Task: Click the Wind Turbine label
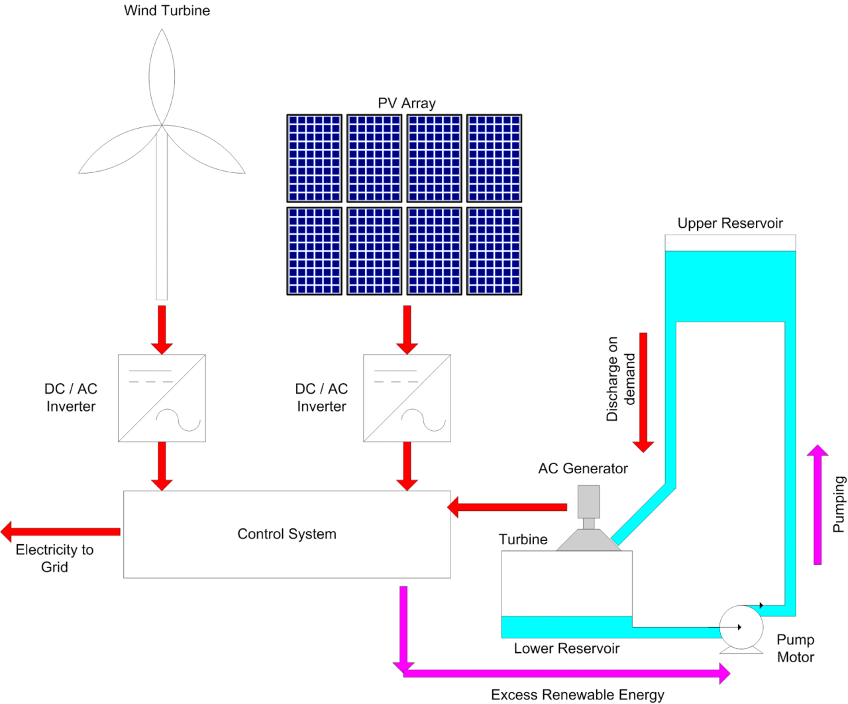point(167,11)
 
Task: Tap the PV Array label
point(406,103)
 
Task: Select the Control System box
point(287,534)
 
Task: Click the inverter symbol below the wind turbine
point(162,398)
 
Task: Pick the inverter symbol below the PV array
point(407,398)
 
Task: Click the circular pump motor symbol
point(741,627)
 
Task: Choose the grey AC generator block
point(588,502)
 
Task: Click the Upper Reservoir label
point(730,223)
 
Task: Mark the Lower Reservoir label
point(566,649)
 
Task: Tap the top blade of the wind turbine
point(162,76)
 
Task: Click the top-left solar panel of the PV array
point(314,158)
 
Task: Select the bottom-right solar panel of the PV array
point(494,251)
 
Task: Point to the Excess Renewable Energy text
point(577,695)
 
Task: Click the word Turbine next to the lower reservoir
point(523,540)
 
